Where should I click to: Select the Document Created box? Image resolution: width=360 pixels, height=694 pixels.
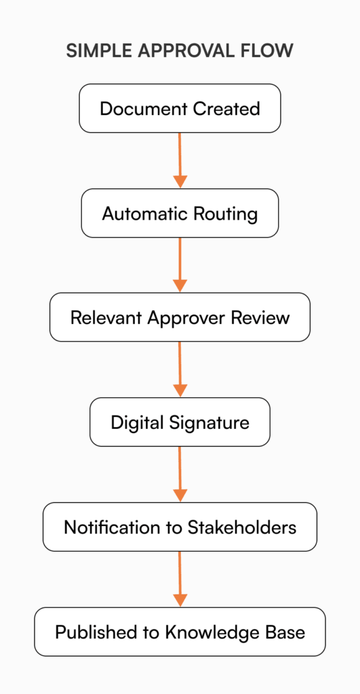[x=180, y=108]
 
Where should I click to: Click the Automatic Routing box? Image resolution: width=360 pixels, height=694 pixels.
[x=180, y=213]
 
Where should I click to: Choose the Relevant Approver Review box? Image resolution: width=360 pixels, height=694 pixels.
[x=180, y=317]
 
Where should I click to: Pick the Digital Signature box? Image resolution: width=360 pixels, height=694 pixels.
[x=180, y=422]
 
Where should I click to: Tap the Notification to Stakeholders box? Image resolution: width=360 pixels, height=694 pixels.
[x=180, y=527]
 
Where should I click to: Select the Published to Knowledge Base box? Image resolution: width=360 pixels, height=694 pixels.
[x=180, y=632]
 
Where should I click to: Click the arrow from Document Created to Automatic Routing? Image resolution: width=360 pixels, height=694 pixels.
[x=180, y=160]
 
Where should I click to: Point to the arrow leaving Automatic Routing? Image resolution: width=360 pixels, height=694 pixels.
[x=180, y=265]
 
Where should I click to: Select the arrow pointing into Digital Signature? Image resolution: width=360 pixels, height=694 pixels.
[x=180, y=369]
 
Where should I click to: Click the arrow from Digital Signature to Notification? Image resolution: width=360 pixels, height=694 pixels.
[x=180, y=474]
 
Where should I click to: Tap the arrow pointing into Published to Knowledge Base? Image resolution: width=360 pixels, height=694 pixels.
[x=180, y=579]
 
